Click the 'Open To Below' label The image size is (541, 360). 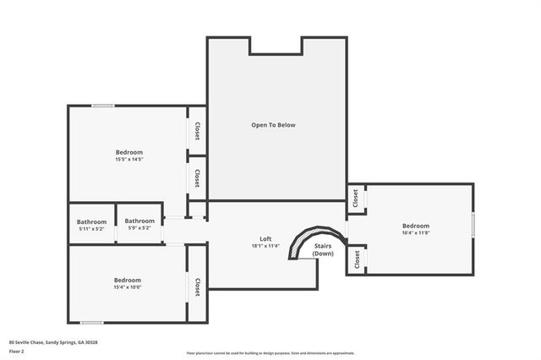pos(273,125)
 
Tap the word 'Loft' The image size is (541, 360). pos(265,239)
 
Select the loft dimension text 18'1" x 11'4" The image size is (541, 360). pos(265,247)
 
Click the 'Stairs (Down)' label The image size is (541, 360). pos(324,250)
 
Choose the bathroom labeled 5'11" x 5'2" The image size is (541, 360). pos(91,225)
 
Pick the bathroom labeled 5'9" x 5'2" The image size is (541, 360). pos(139,225)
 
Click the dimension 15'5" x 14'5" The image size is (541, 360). pos(129,159)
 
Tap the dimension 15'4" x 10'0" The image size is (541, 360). pos(127,287)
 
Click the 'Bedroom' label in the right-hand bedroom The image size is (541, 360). pos(415,226)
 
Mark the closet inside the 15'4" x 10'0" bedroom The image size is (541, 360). pos(197,287)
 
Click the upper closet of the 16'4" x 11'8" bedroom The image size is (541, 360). pos(356,199)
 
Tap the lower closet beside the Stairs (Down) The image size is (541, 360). pos(356,261)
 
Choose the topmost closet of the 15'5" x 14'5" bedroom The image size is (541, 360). pos(197,131)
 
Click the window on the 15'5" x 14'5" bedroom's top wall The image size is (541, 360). pos(103,106)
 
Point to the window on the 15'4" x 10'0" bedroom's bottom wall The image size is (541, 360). pos(91,322)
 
